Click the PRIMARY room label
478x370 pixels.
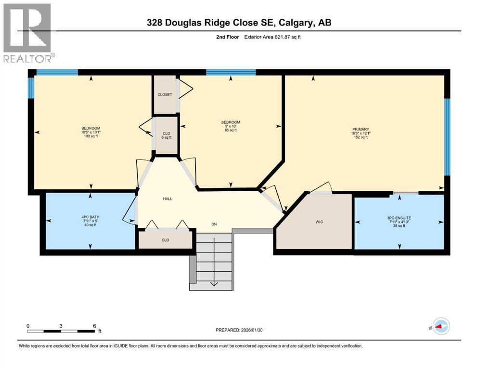(x=360, y=129)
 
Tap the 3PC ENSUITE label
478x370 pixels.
(x=399, y=218)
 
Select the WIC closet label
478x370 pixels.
(x=319, y=222)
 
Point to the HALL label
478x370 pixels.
(x=168, y=198)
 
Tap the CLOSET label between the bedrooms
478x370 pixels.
(x=165, y=94)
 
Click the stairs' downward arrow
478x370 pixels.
(x=214, y=283)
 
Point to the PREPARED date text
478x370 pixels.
(x=246, y=330)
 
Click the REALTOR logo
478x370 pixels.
(x=28, y=33)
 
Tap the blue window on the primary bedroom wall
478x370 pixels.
(x=447, y=137)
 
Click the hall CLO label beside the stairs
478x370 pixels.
(x=166, y=239)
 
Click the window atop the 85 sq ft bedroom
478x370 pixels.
(x=231, y=73)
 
